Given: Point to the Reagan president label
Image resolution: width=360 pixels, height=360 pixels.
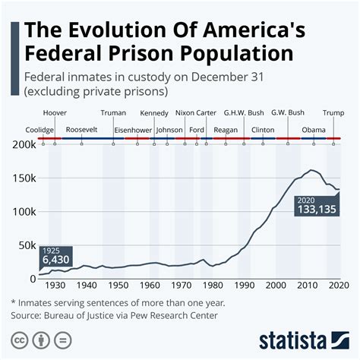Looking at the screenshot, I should coord(226,130).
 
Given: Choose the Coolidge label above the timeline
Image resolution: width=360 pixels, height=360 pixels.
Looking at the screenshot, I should coord(39,130).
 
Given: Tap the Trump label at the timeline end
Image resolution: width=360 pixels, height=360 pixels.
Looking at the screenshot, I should coord(333,113).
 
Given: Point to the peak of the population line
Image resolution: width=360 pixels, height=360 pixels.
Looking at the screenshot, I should coord(312,170).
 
